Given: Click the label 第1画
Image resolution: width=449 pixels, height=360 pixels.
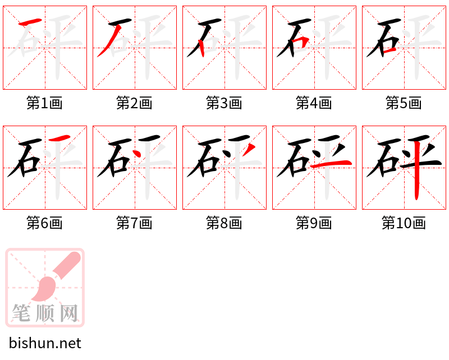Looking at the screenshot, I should pyautogui.click(x=45, y=103).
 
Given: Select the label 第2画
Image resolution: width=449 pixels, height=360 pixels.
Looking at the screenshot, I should pyautogui.click(x=135, y=103).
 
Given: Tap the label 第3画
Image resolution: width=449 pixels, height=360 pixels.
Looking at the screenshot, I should pyautogui.click(x=224, y=103).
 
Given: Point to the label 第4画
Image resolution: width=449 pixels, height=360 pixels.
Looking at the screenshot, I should pyautogui.click(x=314, y=103).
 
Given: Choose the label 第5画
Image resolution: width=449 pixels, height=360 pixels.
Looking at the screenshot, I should pyautogui.click(x=404, y=103).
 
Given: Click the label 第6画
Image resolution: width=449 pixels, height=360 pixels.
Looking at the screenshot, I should pyautogui.click(x=45, y=223).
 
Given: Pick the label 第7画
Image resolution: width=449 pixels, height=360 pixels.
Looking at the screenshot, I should pyautogui.click(x=135, y=223).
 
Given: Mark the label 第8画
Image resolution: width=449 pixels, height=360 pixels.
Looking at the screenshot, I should pyautogui.click(x=224, y=223).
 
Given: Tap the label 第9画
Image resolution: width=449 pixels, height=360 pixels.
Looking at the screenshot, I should pyautogui.click(x=314, y=223).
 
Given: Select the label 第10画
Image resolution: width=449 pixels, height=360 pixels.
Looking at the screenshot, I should pyautogui.click(x=404, y=223).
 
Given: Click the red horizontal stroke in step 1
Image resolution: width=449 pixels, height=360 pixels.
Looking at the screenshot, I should pyautogui.click(x=31, y=22).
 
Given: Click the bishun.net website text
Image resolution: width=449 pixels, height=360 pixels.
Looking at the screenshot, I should pyautogui.click(x=45, y=343).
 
